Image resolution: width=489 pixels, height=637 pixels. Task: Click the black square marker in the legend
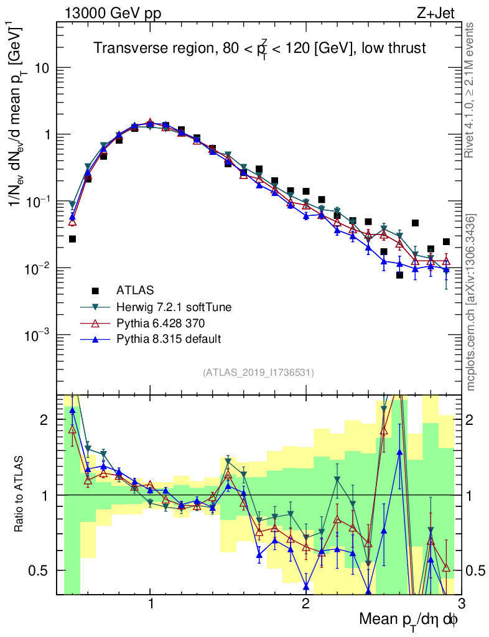[x=95, y=290]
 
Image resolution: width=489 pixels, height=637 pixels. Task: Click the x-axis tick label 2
[x=305, y=604]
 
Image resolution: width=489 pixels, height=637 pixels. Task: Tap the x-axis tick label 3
[x=460, y=604]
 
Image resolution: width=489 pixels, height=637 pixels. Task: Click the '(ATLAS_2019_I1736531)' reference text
[x=258, y=373]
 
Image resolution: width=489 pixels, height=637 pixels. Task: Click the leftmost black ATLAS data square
[x=72, y=239]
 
